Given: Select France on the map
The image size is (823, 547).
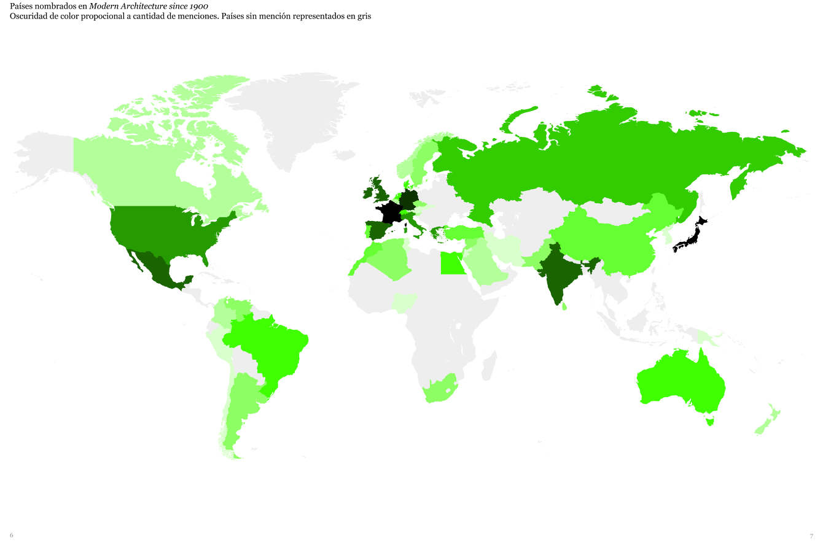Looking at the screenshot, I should tap(390, 212).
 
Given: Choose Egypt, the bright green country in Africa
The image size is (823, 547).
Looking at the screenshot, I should tap(452, 265).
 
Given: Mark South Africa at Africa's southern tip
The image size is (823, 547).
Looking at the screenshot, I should tap(440, 389).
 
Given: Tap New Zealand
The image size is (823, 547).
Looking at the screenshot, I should tap(768, 420).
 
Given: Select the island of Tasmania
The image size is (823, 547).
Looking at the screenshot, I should tap(711, 421).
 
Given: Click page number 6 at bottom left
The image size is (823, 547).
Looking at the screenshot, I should tap(11, 535).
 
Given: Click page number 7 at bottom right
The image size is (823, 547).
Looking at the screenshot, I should tap(811, 535).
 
